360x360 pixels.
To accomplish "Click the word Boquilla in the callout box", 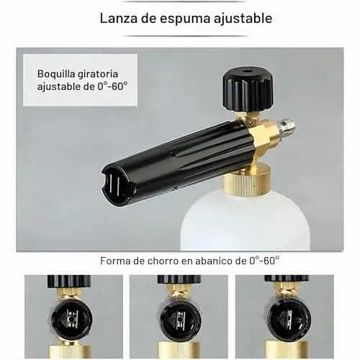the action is (55, 74).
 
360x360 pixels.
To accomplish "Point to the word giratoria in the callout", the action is (98, 74).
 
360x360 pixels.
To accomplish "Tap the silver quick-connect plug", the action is (286, 132).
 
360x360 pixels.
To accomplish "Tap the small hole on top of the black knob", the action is (246, 71).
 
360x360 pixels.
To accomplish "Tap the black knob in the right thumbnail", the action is (286, 278).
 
